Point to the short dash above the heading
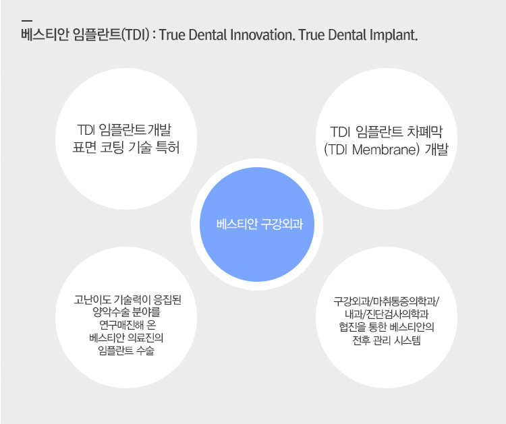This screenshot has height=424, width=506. [27, 21]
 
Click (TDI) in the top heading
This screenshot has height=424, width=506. [135, 35]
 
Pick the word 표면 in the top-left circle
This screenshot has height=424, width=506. [84, 148]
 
